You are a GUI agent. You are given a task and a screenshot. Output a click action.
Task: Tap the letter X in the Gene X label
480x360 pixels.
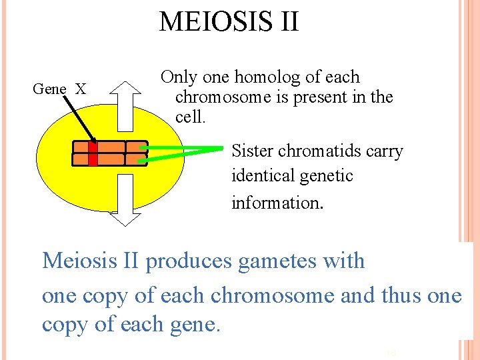click(x=80, y=89)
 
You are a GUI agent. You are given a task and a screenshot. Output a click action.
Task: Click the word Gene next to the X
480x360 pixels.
click(x=50, y=89)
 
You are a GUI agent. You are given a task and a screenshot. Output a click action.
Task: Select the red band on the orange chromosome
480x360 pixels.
click(x=93, y=153)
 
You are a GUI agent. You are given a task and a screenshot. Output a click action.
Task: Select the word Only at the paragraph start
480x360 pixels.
click(x=179, y=77)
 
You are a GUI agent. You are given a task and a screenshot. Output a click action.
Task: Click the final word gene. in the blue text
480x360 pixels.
click(x=195, y=325)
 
